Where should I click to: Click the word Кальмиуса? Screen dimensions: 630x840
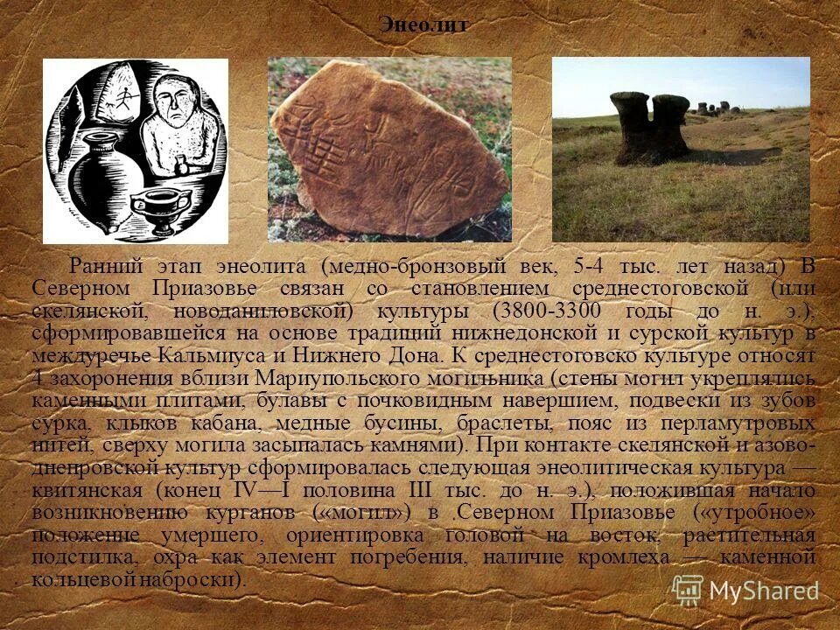click(x=203, y=356)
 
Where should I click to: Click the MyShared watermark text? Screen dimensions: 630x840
click(x=764, y=590)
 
